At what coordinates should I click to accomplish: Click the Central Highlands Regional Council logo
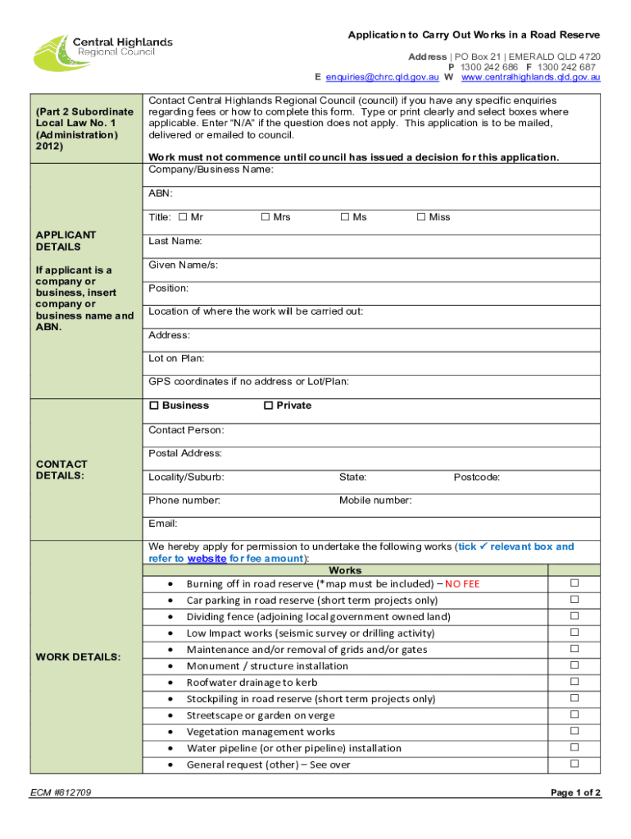coord(102,51)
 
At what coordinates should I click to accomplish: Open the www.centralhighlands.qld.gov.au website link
coord(531,77)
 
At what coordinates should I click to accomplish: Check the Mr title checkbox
coord(183,217)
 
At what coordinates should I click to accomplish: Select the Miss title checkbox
coord(421,217)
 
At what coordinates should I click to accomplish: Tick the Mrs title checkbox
coord(266,217)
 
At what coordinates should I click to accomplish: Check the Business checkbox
coord(153,406)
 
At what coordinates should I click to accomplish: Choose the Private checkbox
coord(267,406)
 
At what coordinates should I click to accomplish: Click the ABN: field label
coord(161,194)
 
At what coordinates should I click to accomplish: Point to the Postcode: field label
coord(477,478)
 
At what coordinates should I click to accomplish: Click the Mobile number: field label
coord(375,501)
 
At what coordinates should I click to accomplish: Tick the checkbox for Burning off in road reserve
coord(574,583)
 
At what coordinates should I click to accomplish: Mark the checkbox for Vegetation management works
coord(574,731)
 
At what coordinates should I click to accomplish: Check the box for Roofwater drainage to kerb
coord(574,682)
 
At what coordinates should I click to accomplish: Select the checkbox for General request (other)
coord(574,764)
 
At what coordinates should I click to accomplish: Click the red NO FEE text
coord(462,584)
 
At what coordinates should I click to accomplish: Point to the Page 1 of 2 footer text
coord(576,793)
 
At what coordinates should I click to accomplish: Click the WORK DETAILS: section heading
coord(79,657)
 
